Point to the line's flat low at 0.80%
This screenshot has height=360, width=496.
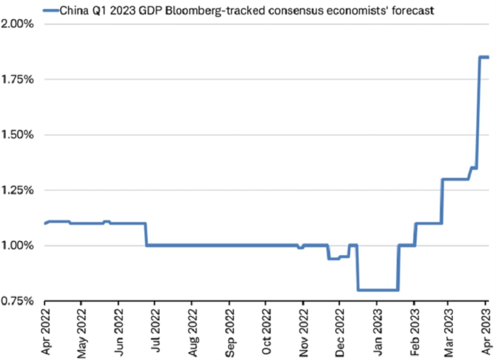(378, 289)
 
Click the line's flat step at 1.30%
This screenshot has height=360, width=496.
(456, 179)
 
